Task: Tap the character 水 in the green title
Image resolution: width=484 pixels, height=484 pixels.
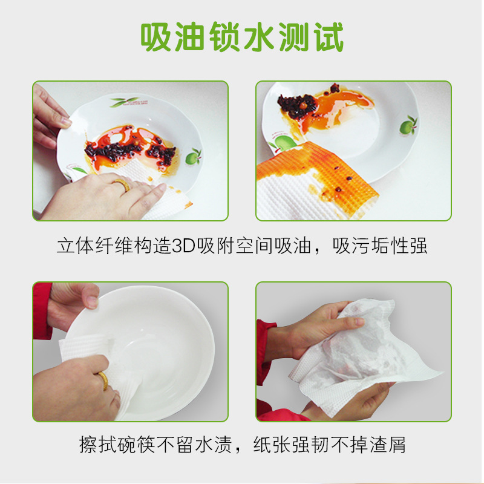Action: (259, 37)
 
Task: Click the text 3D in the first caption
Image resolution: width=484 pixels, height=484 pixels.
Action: (183, 246)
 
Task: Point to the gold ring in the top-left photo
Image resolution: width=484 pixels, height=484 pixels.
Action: (122, 185)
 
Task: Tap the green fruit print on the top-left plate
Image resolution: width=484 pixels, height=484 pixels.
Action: (193, 157)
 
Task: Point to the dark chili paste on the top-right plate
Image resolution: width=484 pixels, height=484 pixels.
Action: (297, 103)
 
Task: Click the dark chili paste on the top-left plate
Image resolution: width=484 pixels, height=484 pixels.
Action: (129, 152)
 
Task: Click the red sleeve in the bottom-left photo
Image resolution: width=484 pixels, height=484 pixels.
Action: (42, 310)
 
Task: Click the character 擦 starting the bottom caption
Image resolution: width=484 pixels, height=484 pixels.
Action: (88, 445)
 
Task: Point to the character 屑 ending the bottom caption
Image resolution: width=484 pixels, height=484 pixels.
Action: (396, 445)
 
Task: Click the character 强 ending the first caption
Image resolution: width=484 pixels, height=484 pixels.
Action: (418, 246)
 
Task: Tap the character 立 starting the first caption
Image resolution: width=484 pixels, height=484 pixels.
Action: (66, 246)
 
